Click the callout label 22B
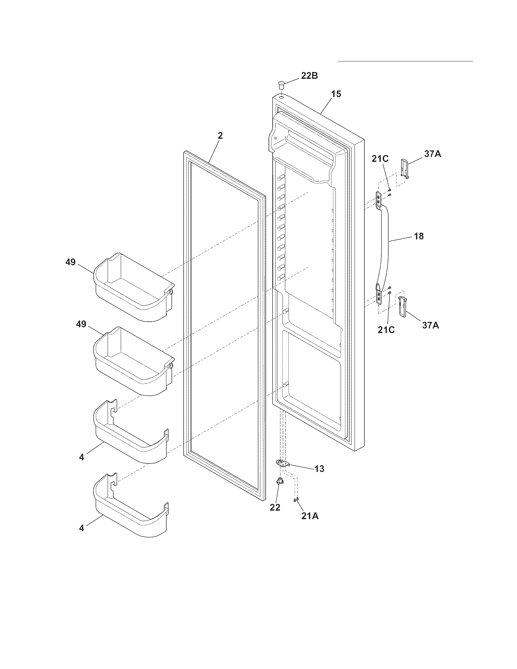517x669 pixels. [309, 76]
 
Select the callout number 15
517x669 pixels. [336, 94]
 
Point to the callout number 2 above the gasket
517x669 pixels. [220, 136]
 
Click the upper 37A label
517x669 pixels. [432, 154]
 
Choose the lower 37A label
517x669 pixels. [430, 325]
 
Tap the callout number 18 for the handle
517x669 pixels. [419, 236]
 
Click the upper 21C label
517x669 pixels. [380, 159]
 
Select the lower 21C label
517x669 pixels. [386, 330]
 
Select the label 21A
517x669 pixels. [310, 516]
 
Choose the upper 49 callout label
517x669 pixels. [71, 262]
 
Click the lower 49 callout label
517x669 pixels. [81, 324]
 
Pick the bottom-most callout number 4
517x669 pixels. [82, 529]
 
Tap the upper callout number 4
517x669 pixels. [82, 457]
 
